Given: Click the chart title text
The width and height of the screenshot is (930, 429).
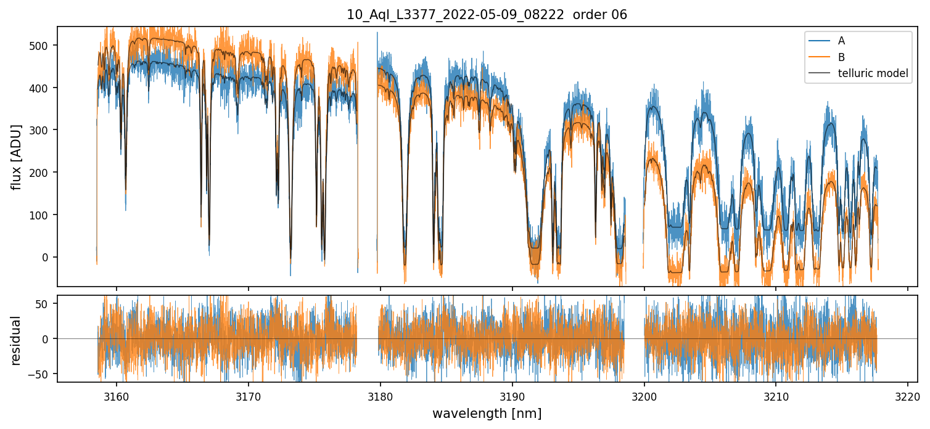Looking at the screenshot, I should click(487, 15).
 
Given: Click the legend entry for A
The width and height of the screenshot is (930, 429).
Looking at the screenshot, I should click(841, 41).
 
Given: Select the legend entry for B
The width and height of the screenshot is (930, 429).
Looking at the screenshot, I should click(841, 57).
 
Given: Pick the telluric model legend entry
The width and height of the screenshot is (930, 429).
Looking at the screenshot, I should click(873, 73).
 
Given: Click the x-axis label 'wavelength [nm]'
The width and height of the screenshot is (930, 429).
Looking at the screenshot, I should click(487, 414).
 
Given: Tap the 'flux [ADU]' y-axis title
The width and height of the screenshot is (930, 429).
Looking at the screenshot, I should click(17, 157).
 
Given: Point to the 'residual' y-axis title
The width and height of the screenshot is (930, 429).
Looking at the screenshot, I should click(17, 340).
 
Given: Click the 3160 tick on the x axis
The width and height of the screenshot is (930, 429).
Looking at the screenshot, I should click(117, 395).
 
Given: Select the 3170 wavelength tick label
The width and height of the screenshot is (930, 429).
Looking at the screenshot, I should click(249, 395).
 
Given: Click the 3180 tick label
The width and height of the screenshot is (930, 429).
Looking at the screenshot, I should click(381, 395).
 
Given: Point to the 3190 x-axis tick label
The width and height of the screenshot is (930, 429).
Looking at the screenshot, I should click(512, 395).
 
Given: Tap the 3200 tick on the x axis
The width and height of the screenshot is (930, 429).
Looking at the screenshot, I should click(644, 395).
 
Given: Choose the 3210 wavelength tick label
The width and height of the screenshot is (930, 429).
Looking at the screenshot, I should click(776, 395).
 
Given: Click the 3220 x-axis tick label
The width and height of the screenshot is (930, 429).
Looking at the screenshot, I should click(908, 395).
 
